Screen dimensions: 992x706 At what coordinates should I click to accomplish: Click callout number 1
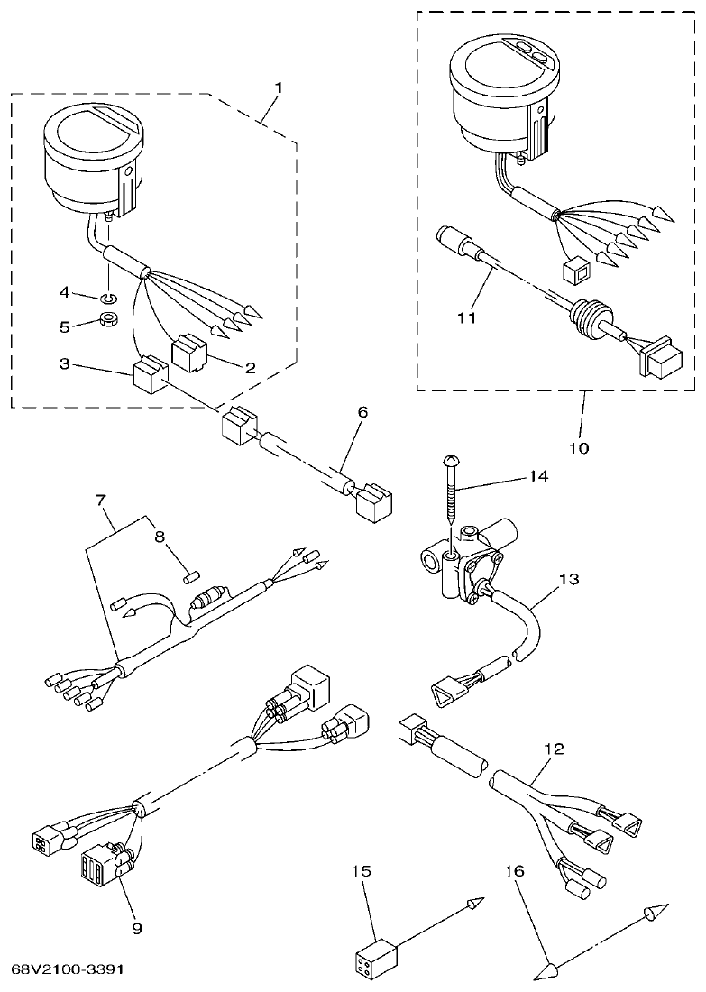click(x=279, y=87)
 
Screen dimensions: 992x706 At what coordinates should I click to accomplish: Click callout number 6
click(x=362, y=411)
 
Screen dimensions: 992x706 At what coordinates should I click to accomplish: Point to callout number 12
click(x=554, y=749)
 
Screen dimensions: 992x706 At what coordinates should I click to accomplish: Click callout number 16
click(x=512, y=872)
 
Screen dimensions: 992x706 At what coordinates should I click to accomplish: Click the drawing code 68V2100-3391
click(x=68, y=969)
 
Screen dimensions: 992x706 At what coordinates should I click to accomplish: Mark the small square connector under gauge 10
click(x=570, y=268)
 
